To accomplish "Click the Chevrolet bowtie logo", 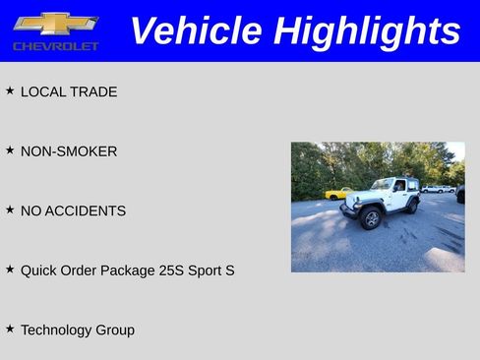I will coord(55,24).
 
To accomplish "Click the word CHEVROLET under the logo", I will coord(56,46).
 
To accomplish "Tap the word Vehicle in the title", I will coord(198,30).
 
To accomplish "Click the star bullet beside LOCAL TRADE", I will coord(10,90).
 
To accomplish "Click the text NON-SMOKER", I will coord(69,151).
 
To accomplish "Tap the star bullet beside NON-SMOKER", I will coord(10,150).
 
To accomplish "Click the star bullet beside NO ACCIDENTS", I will coord(10,210).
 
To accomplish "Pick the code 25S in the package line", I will coord(172,270).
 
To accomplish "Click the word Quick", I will coord(38,270).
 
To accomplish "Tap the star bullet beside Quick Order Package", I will coord(10,269).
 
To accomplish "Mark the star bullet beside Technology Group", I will coord(10,329).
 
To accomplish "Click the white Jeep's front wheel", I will coord(371,218).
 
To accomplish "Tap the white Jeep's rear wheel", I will coord(413,207).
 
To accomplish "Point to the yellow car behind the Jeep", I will coord(338,193).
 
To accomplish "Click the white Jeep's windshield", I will coord(382,185).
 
